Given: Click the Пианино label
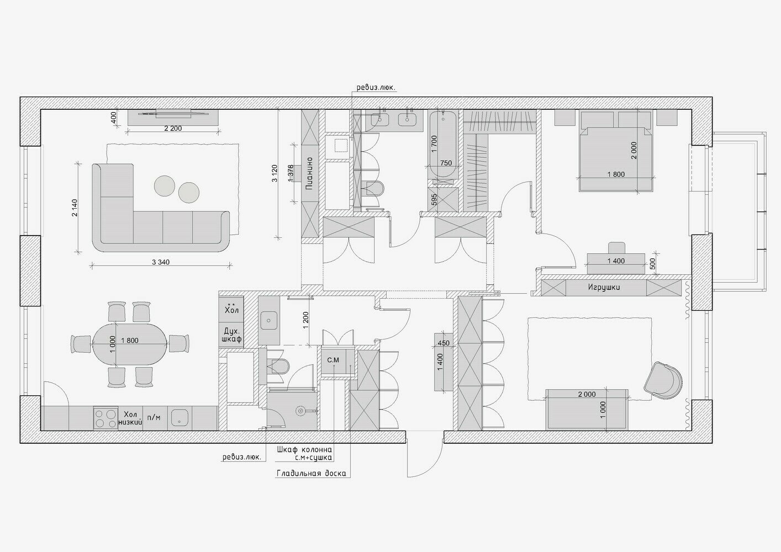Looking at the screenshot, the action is (x=309, y=173).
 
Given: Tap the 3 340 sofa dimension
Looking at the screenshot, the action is (x=161, y=262).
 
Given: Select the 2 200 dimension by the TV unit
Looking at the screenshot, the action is (x=173, y=128).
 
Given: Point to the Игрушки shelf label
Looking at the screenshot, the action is (x=604, y=288).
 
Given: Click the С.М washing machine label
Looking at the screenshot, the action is (x=333, y=360).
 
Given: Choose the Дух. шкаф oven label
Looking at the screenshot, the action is (x=232, y=335).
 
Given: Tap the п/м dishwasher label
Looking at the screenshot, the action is (x=155, y=417).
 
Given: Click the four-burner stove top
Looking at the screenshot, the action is (x=105, y=418).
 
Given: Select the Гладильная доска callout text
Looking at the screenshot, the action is (x=312, y=474).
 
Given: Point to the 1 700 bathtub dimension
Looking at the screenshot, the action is (x=434, y=144).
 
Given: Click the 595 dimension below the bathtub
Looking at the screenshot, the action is (x=434, y=199).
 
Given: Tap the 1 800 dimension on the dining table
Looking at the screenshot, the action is (x=130, y=341).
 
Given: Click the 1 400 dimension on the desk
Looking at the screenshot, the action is (x=616, y=261).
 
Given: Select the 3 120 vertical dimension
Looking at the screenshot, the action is (x=275, y=173).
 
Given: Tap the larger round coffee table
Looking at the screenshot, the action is (x=165, y=185).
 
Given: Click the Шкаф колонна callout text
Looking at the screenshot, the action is (x=304, y=449).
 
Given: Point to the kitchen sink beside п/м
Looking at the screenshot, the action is (x=180, y=417).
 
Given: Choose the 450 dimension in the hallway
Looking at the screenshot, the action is (x=444, y=343).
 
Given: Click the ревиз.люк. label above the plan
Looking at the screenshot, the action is (x=376, y=87).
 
